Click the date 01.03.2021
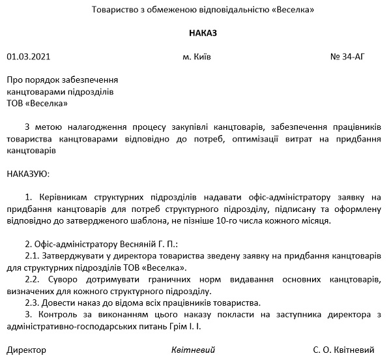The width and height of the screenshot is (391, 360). [28, 57]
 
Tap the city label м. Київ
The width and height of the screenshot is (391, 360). [197, 57]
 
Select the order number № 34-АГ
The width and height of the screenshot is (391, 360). [349, 57]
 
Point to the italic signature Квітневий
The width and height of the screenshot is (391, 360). [193, 350]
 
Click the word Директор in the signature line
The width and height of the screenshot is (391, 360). [26, 350]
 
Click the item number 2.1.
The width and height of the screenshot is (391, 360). [33, 256]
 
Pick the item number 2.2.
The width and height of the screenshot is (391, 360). [33, 279]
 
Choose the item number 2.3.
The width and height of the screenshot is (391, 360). [33, 303]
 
